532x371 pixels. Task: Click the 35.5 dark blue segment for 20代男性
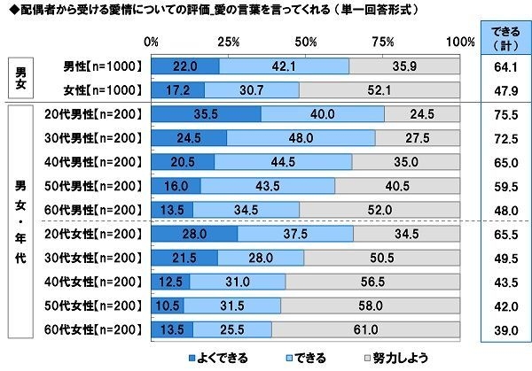pos(206,113)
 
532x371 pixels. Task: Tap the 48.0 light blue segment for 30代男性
pos(301,137)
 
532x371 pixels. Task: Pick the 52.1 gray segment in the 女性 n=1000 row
pos(379,89)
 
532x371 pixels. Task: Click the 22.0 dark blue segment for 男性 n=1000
pos(184,66)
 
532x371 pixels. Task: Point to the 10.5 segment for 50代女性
pos(167,305)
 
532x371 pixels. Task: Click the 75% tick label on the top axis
pos(383,42)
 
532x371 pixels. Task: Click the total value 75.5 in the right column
pos(505,113)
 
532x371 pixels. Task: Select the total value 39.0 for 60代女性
pos(505,329)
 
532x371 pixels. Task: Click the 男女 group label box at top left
pos(20,77)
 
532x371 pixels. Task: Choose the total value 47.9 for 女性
pos(505,89)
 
